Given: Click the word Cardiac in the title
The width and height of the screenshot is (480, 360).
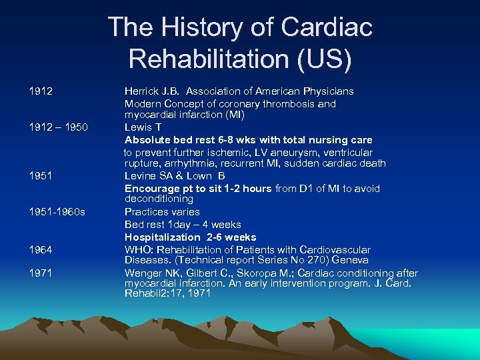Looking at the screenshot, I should [327, 27].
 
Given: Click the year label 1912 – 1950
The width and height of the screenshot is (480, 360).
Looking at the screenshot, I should [58, 127].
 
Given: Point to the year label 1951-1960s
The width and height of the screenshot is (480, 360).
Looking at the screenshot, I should [57, 212].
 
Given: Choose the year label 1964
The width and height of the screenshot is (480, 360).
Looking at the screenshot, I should [41, 249].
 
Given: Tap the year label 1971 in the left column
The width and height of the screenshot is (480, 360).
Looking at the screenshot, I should [41, 273].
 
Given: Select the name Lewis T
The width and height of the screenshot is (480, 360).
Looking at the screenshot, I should [143, 127].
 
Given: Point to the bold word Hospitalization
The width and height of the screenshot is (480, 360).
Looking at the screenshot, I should [163, 237].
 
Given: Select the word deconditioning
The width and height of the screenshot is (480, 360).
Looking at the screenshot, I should [159, 199].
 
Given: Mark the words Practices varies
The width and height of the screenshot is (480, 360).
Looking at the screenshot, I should [162, 212].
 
